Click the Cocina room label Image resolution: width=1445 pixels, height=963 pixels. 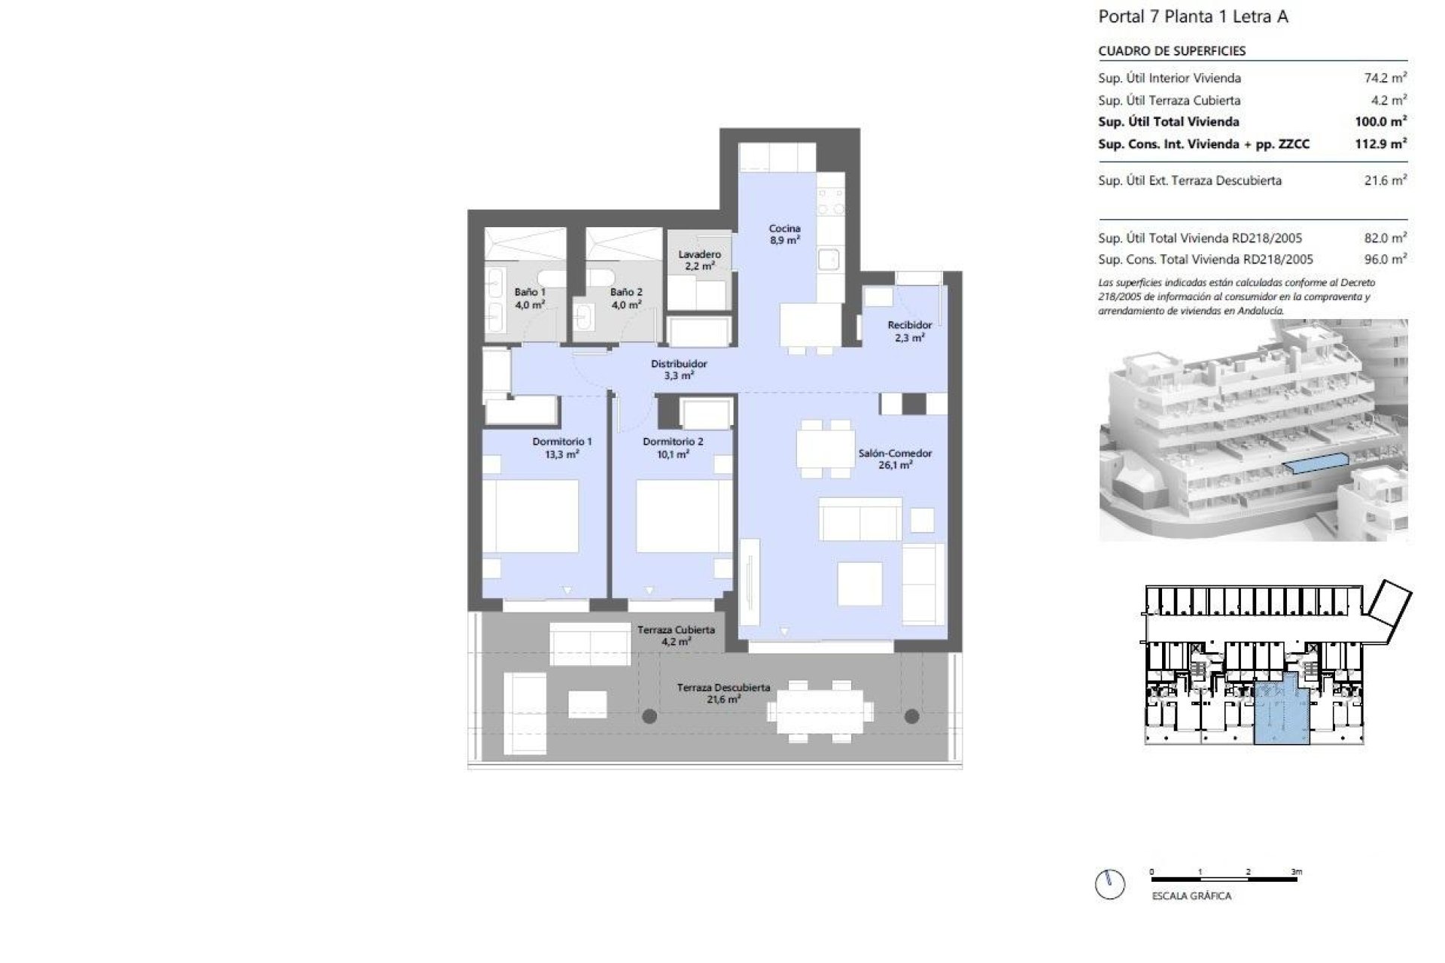click(x=784, y=234)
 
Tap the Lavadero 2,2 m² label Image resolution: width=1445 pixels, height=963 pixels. click(x=699, y=260)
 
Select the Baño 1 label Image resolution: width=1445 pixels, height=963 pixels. click(x=530, y=298)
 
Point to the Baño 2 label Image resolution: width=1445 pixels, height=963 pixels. click(x=626, y=298)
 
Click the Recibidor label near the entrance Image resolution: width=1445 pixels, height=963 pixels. click(x=909, y=331)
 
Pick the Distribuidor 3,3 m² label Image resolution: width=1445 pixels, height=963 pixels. click(x=679, y=369)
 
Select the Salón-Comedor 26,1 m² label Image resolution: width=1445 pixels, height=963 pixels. click(x=895, y=459)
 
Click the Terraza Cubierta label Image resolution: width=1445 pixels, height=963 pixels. click(x=676, y=636)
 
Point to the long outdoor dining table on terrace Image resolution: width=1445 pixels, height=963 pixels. click(x=820, y=711)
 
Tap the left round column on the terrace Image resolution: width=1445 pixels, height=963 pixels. click(x=649, y=716)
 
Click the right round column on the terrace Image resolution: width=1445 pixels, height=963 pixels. click(x=912, y=716)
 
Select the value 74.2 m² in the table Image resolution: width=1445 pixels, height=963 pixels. click(x=1385, y=77)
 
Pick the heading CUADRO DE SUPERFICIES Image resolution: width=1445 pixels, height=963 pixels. click(x=1172, y=51)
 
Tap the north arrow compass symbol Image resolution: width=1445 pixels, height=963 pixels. click(x=1111, y=884)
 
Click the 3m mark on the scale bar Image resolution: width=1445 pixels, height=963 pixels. click(x=1296, y=872)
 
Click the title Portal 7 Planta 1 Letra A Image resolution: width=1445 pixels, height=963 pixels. click(x=1193, y=17)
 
